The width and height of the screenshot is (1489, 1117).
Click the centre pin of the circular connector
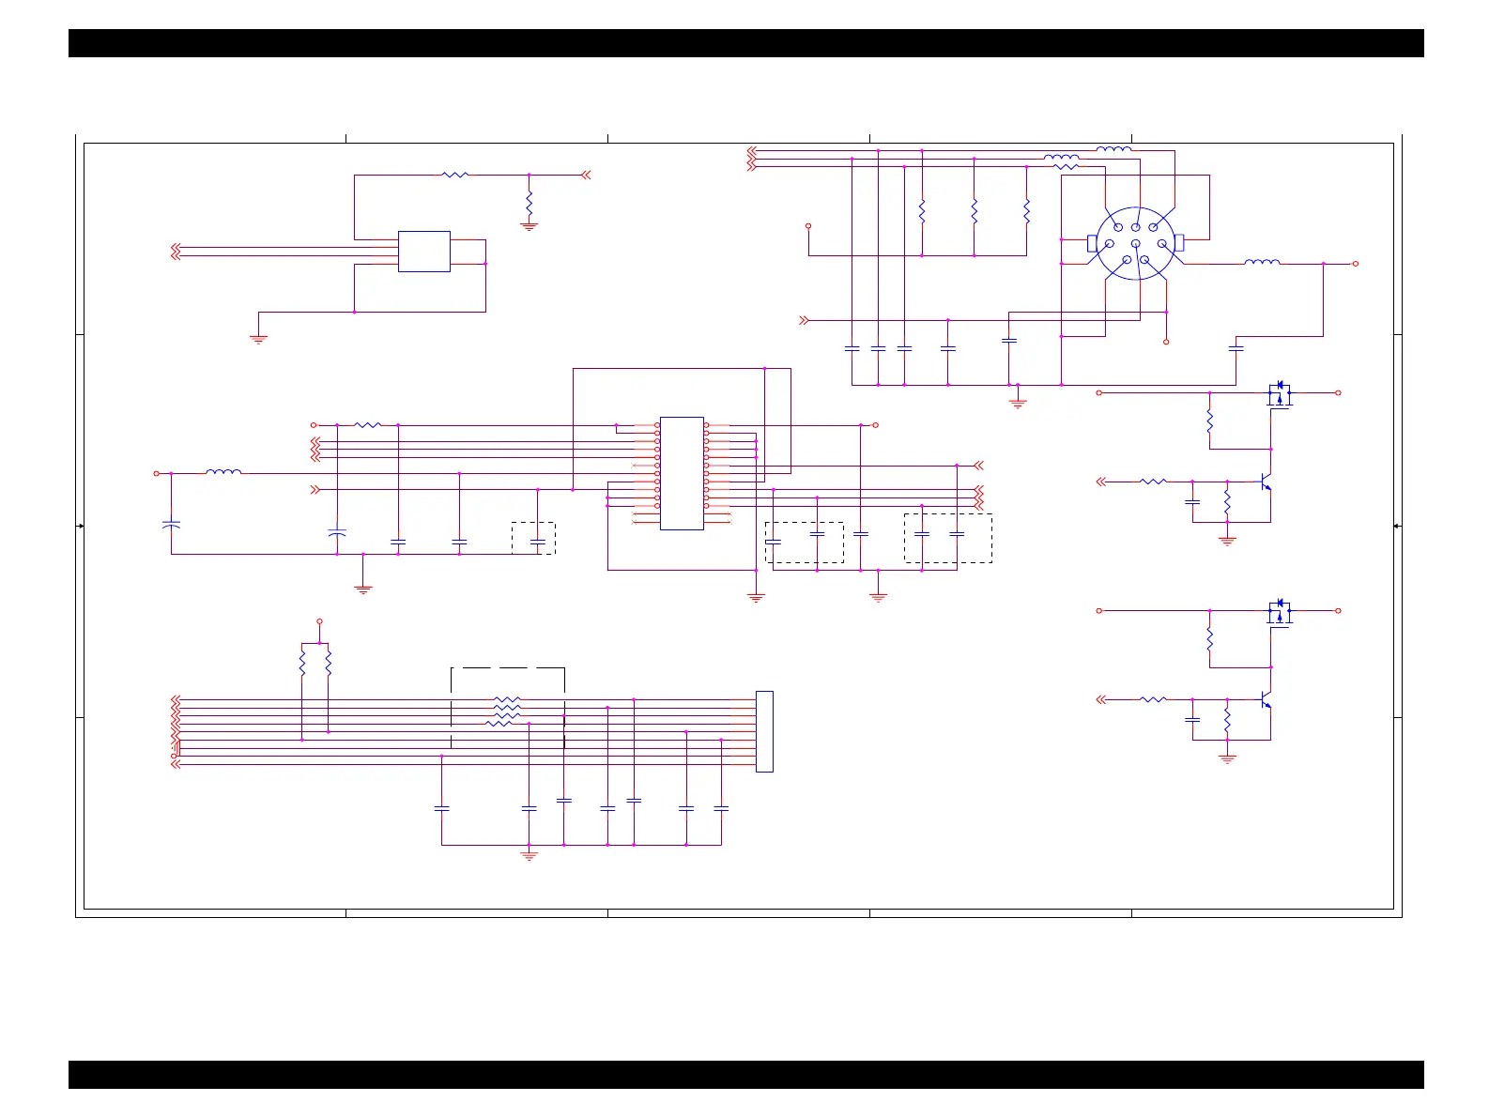click(x=1135, y=244)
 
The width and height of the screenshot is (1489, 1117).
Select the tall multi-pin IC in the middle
click(x=682, y=473)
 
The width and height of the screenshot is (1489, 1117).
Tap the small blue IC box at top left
click(x=423, y=252)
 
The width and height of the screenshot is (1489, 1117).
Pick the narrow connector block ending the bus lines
click(x=764, y=731)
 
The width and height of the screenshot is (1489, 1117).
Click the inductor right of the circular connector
click(x=1262, y=263)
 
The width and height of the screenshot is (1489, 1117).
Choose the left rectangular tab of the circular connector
click(x=1092, y=244)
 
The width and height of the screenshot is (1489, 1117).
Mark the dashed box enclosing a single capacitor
click(x=533, y=538)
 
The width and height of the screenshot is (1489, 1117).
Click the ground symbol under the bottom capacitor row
click(x=529, y=855)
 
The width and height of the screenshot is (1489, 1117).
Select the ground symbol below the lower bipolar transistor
click(x=1227, y=757)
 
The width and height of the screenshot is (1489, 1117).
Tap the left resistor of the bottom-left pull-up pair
click(x=302, y=665)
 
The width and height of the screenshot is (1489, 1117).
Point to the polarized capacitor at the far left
click(x=171, y=524)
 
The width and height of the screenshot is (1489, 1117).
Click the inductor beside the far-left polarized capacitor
click(x=223, y=472)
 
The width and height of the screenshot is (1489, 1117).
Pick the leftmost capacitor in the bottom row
click(x=441, y=807)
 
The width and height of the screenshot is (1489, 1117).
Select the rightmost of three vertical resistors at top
click(x=1026, y=210)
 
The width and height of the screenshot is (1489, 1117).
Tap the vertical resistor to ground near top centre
click(x=529, y=202)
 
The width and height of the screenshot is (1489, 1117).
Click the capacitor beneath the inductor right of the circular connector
click(x=1236, y=348)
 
